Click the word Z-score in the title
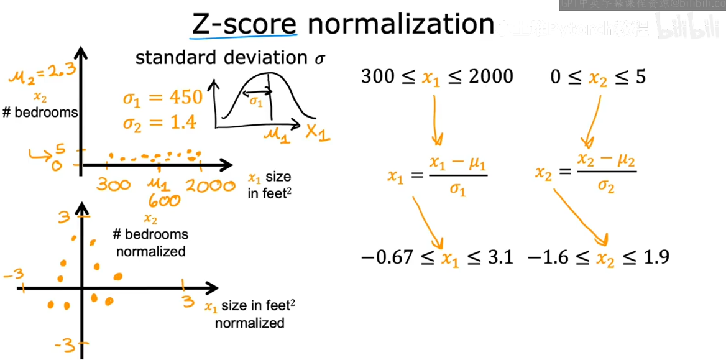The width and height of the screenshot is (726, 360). pos(244,24)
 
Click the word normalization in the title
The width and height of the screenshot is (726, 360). pos(401,24)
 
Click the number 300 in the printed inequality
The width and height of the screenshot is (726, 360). pos(378,76)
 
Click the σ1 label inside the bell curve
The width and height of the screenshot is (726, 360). pos(256,101)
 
